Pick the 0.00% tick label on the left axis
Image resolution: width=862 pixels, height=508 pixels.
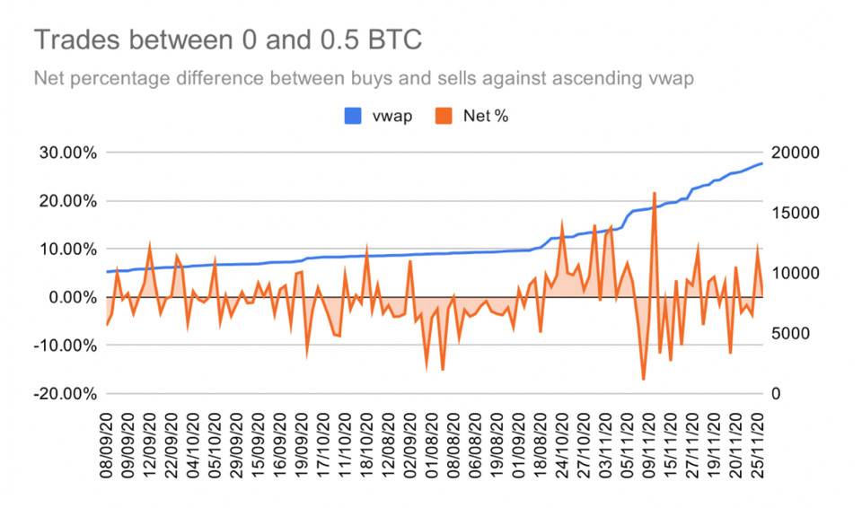pyautogui.click(x=68, y=297)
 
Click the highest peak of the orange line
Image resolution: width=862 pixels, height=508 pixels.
pyautogui.click(x=655, y=193)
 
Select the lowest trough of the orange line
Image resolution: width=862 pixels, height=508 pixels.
pyautogui.click(x=644, y=380)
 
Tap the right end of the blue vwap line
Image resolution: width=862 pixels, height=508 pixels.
pyautogui.click(x=762, y=163)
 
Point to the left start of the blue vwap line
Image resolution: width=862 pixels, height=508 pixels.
pyautogui.click(x=107, y=271)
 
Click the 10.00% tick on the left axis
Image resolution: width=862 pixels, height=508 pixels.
pyautogui.click(x=65, y=249)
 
